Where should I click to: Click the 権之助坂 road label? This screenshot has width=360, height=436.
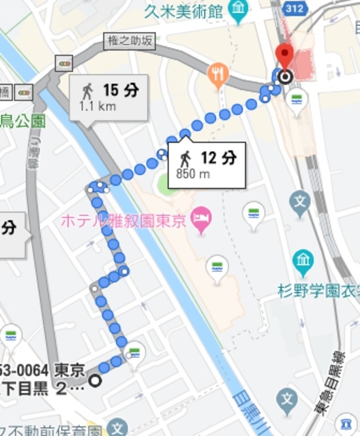tap(130, 42)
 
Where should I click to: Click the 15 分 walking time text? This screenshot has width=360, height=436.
tap(120, 90)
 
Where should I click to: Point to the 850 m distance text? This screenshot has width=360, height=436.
tap(194, 174)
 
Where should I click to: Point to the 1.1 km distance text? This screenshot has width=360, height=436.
tap(97, 106)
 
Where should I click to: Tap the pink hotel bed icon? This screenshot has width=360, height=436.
tap(202, 219)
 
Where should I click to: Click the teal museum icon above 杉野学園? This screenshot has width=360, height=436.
tap(302, 260)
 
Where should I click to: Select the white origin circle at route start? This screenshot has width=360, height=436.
tap(95, 380)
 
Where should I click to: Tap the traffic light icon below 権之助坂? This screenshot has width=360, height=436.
tap(65, 64)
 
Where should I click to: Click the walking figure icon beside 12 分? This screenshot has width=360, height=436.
tap(184, 159)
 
